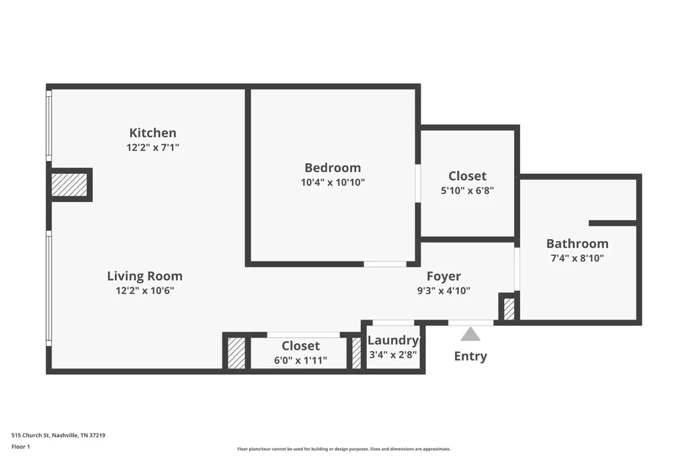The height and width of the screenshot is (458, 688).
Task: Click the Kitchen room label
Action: point(153,132)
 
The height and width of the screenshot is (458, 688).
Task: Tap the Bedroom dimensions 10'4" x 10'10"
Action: point(333,182)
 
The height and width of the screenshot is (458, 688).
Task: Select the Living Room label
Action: point(145,277)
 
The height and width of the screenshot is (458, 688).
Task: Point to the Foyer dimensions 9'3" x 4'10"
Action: point(443,290)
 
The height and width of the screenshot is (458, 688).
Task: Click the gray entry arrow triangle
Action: point(470,334)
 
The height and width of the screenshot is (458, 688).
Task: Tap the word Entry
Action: point(470,356)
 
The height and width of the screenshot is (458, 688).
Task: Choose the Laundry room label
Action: point(393,340)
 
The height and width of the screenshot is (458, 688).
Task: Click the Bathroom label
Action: point(577,244)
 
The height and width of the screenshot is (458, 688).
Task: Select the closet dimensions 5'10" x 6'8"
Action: point(468,191)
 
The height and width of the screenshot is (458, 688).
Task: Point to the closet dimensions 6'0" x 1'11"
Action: point(300,360)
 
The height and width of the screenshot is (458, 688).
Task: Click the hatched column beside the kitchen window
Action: point(69,185)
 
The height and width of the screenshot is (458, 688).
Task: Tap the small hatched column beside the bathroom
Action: point(509,309)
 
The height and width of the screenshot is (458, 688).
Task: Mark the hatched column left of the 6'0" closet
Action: point(236,353)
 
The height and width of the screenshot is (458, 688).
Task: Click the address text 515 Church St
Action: point(58,435)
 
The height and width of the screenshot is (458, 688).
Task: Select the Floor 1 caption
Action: point(21,447)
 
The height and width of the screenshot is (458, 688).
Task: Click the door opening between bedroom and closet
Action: point(418,183)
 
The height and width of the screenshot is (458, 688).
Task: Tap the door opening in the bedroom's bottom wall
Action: point(385,264)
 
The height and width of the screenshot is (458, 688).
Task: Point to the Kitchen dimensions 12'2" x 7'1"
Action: point(153,147)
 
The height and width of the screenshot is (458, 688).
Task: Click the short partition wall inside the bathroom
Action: point(613,224)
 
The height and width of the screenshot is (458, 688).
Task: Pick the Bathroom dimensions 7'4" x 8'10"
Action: point(577,258)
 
